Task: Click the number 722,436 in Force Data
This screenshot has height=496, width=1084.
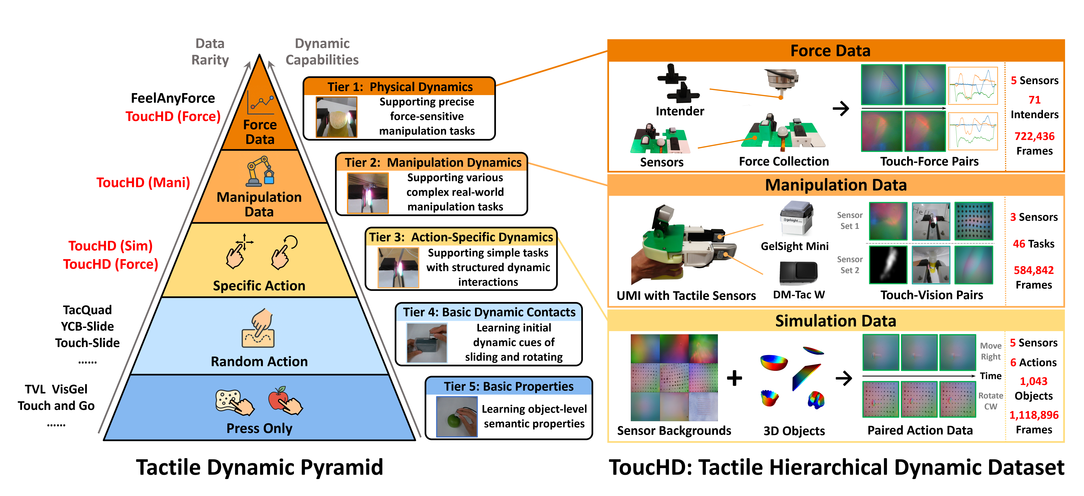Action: click(1034, 136)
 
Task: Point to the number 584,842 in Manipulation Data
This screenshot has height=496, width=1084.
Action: click(1033, 270)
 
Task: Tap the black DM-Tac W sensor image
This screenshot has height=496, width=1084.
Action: click(798, 273)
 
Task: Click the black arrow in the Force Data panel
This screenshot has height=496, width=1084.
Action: click(841, 109)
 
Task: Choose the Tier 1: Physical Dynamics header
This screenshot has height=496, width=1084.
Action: click(400, 87)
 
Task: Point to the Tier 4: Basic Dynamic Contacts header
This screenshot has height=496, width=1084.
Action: click(489, 312)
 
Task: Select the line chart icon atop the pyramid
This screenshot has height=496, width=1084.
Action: click(261, 102)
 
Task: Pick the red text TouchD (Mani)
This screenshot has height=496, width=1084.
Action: click(143, 183)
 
